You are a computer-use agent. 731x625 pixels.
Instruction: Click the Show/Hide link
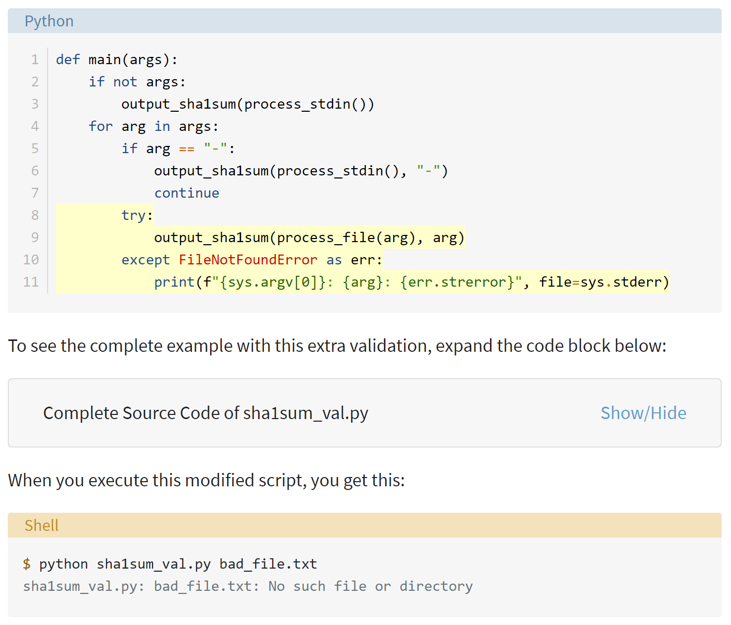(x=643, y=413)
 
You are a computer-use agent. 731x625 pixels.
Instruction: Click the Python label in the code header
(x=49, y=21)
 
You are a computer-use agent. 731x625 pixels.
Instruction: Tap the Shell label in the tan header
(x=41, y=525)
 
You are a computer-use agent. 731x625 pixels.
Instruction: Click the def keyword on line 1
(x=68, y=59)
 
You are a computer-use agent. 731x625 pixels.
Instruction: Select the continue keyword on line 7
(x=187, y=193)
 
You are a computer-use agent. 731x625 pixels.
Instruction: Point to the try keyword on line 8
(x=133, y=215)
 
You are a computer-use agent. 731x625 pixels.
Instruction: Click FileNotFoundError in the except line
(x=248, y=260)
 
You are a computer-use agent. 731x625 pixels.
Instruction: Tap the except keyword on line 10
(x=146, y=260)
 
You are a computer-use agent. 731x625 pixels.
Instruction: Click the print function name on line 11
(x=174, y=282)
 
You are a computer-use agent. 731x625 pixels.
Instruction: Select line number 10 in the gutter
(x=31, y=260)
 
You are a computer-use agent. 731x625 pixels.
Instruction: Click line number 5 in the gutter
(x=35, y=148)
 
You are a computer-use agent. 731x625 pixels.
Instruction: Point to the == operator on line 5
(x=187, y=149)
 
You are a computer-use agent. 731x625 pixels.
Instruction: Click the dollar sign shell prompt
(x=26, y=564)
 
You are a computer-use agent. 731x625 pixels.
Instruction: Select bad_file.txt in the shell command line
(x=268, y=564)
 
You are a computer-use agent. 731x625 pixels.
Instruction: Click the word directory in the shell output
(x=436, y=586)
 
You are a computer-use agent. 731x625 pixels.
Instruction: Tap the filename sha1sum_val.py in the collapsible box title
(x=306, y=413)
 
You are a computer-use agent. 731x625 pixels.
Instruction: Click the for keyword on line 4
(x=100, y=126)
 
